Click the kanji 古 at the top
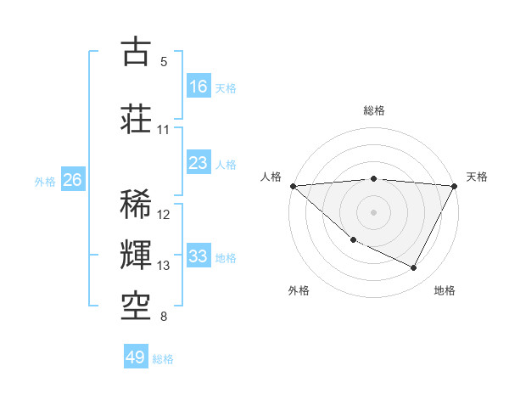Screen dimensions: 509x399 tap(136, 53)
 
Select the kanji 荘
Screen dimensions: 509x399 tap(136, 118)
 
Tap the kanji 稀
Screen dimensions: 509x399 tap(136, 205)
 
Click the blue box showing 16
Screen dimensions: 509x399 tap(199, 87)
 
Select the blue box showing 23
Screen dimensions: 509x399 tap(199, 163)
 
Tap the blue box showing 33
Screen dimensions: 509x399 tap(199, 256)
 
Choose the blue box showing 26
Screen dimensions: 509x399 tap(73, 180)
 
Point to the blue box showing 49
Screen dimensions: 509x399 tap(136, 357)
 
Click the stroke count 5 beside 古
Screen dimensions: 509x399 tap(164, 61)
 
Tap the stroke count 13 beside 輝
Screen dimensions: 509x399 tap(164, 266)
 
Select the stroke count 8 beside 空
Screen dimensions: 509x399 tap(164, 317)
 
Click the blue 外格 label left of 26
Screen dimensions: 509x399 tap(45, 181)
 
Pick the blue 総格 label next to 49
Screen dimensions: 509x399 tap(164, 358)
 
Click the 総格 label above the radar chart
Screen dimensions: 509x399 tap(374, 110)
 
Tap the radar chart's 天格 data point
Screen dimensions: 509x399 tap(455, 186)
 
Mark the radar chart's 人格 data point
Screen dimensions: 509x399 tap(293, 186)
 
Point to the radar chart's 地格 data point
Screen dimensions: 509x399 tap(414, 268)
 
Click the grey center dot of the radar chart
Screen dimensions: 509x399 tap(374, 212)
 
